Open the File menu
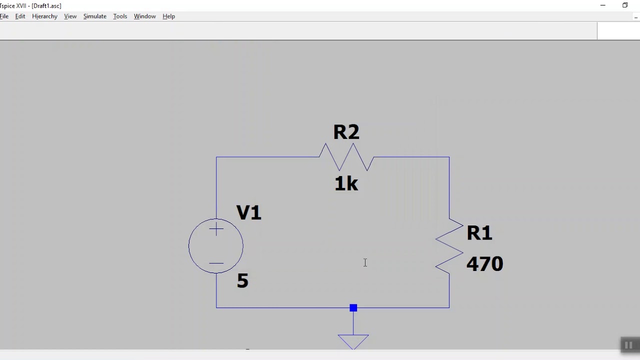(4, 16)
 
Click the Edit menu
(20, 16)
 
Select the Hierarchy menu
(44, 16)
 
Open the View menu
(70, 16)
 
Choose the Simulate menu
(95, 16)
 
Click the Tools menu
(120, 16)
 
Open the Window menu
(145, 16)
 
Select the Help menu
(168, 16)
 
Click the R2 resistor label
(346, 132)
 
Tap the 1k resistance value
(346, 183)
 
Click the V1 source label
(248, 212)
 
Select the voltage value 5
(242, 280)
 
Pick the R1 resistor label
(479, 233)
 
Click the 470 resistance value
(484, 263)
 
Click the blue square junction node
(353, 307)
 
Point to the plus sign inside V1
(216, 229)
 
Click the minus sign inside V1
(216, 263)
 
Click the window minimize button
(603, 5)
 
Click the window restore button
(625, 5)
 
